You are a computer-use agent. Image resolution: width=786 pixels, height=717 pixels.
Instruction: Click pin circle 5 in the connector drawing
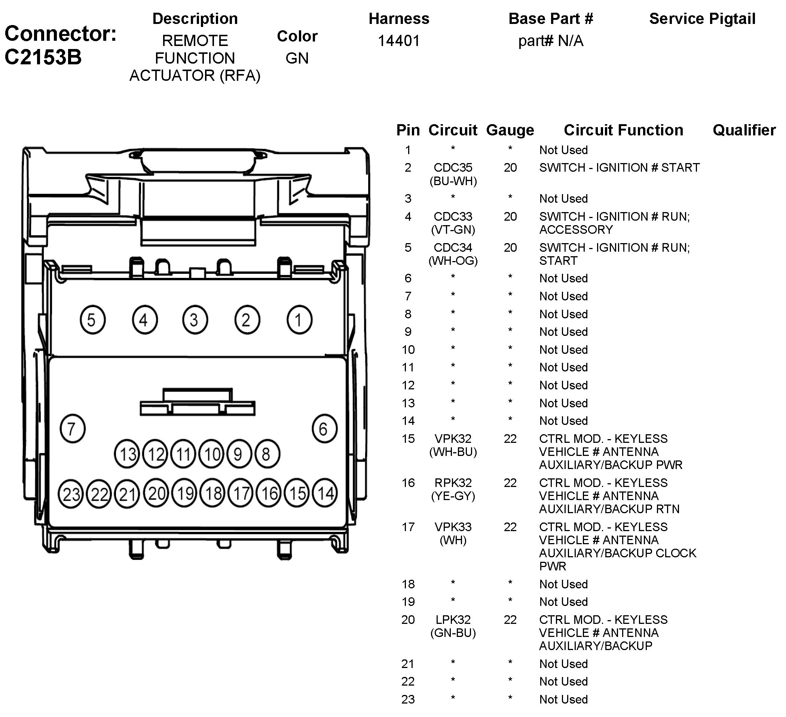coord(92,320)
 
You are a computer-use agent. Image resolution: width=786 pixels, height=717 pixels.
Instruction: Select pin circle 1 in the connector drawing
coord(299,320)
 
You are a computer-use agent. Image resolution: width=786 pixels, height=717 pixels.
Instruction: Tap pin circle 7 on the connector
coord(73,429)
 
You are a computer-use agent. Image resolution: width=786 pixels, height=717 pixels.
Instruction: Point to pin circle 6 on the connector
coord(324,429)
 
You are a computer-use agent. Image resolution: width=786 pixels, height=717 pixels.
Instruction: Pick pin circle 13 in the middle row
coord(127,454)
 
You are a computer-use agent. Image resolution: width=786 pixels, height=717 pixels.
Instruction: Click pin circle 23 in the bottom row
coord(71,494)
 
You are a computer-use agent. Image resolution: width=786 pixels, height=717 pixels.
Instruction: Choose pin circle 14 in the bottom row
coord(325,493)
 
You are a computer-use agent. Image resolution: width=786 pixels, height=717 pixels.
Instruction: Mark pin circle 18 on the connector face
coord(213,493)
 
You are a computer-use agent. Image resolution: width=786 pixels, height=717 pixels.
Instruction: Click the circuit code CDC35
coord(453,168)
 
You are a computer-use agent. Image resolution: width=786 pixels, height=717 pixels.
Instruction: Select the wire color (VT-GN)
coord(453,230)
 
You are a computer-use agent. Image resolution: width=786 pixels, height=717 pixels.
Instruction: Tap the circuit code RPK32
coord(453,483)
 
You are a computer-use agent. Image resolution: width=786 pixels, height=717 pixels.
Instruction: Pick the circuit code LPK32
coord(453,619)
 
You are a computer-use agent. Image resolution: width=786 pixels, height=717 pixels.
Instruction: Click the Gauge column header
coord(510,130)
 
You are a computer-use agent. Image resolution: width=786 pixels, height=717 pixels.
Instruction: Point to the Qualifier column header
coord(744,130)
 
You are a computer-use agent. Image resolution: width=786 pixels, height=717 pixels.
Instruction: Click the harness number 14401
coord(398,40)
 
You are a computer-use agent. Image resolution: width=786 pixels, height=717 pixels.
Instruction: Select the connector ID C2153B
coord(43,57)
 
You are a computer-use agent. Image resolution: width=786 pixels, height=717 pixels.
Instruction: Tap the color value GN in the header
coord(297,58)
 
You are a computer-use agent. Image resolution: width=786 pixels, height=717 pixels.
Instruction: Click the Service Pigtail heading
coord(702,19)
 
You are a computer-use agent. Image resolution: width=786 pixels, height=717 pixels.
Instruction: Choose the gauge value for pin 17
coord(510,527)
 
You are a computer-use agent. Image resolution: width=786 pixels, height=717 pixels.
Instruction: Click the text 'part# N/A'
coord(551,40)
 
